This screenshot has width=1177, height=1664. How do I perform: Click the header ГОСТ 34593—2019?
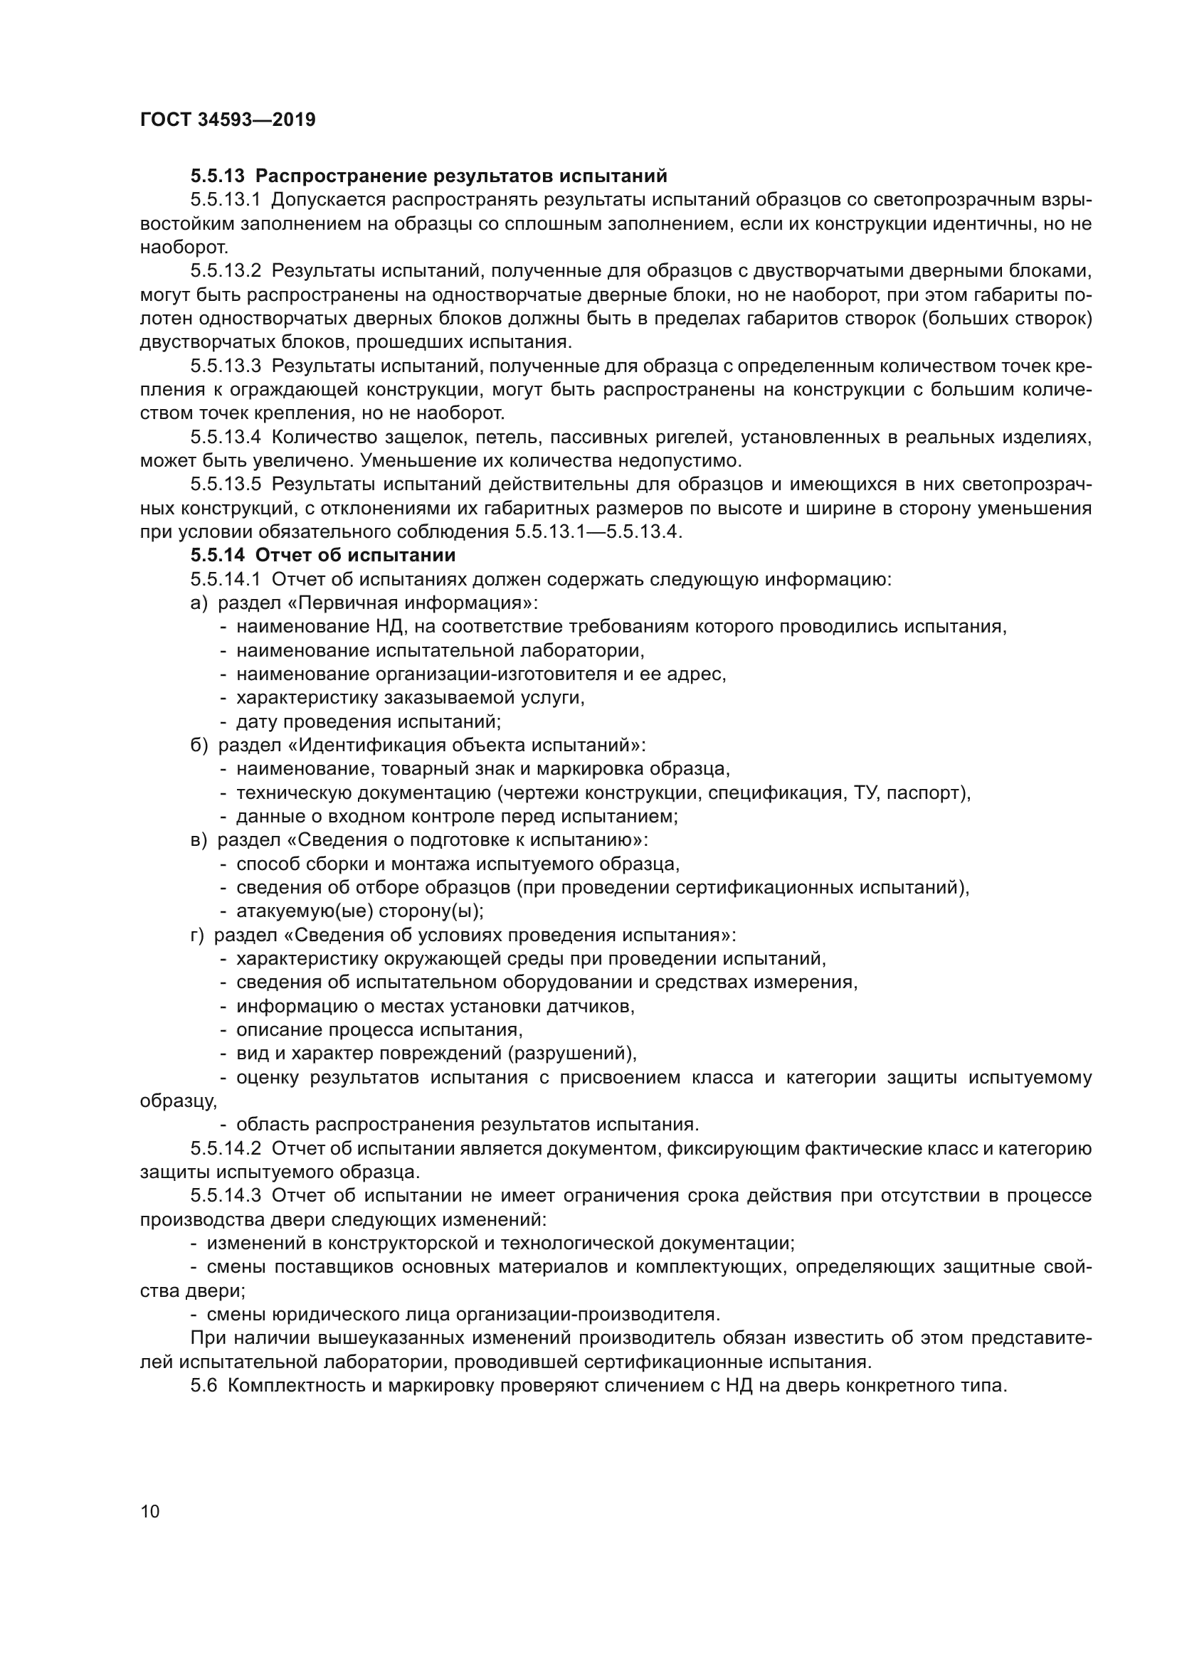pos(228,120)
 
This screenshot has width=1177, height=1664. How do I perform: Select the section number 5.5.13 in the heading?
pos(218,176)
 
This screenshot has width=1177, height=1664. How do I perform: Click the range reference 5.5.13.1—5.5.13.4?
pos(598,532)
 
